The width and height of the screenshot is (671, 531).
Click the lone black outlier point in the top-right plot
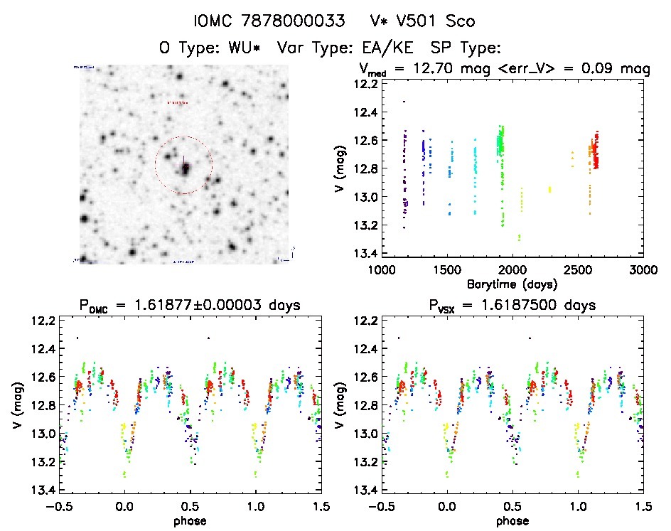pyautogui.click(x=404, y=102)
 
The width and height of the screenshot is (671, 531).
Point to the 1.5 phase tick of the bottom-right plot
pyautogui.click(x=642, y=506)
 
